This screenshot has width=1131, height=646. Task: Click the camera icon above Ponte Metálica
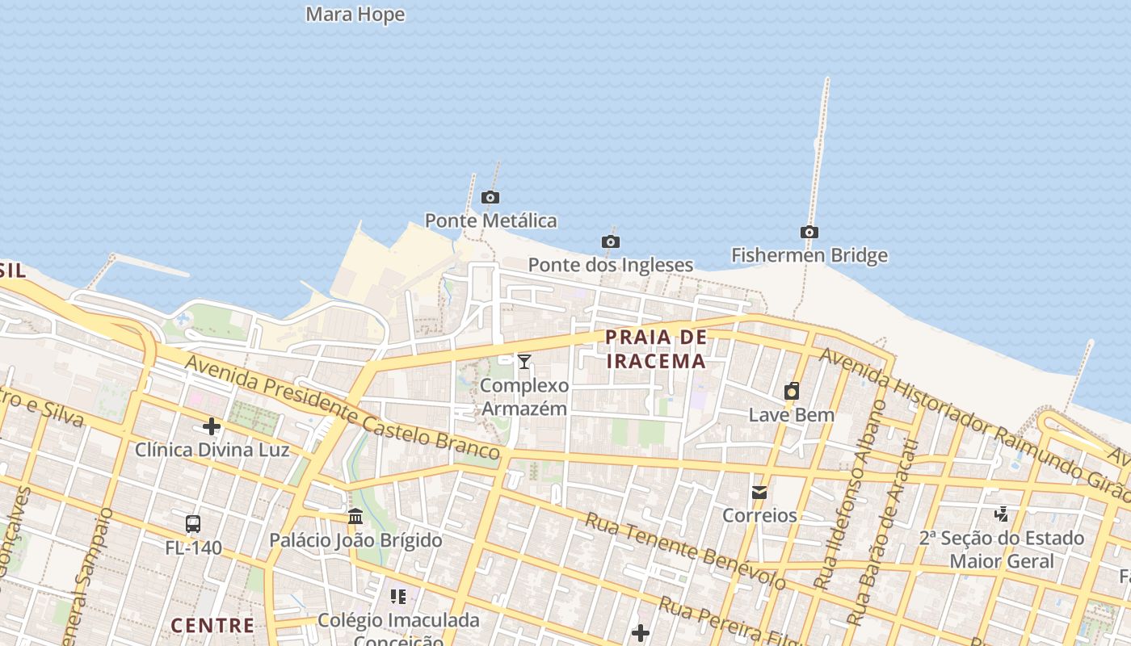490,197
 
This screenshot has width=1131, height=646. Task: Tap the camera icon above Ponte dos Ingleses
611,241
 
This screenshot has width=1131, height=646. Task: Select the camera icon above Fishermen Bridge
809,233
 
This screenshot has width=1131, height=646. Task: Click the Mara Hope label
355,15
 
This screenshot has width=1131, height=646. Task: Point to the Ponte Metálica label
490,220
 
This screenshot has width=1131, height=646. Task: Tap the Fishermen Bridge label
809,255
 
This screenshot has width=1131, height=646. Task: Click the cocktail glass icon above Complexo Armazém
524,361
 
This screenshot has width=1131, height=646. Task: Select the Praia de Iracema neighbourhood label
656,349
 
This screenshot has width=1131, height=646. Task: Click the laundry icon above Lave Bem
792,392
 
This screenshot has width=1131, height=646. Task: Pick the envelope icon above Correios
759,492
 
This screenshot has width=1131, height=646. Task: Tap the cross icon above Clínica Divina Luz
212,426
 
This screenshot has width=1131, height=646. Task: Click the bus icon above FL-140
193,523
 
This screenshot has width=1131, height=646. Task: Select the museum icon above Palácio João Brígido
355,516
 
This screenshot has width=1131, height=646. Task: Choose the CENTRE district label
212,625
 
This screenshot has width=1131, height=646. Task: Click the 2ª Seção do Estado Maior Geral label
1002,549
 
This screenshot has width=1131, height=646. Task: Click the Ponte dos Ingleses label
611,265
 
